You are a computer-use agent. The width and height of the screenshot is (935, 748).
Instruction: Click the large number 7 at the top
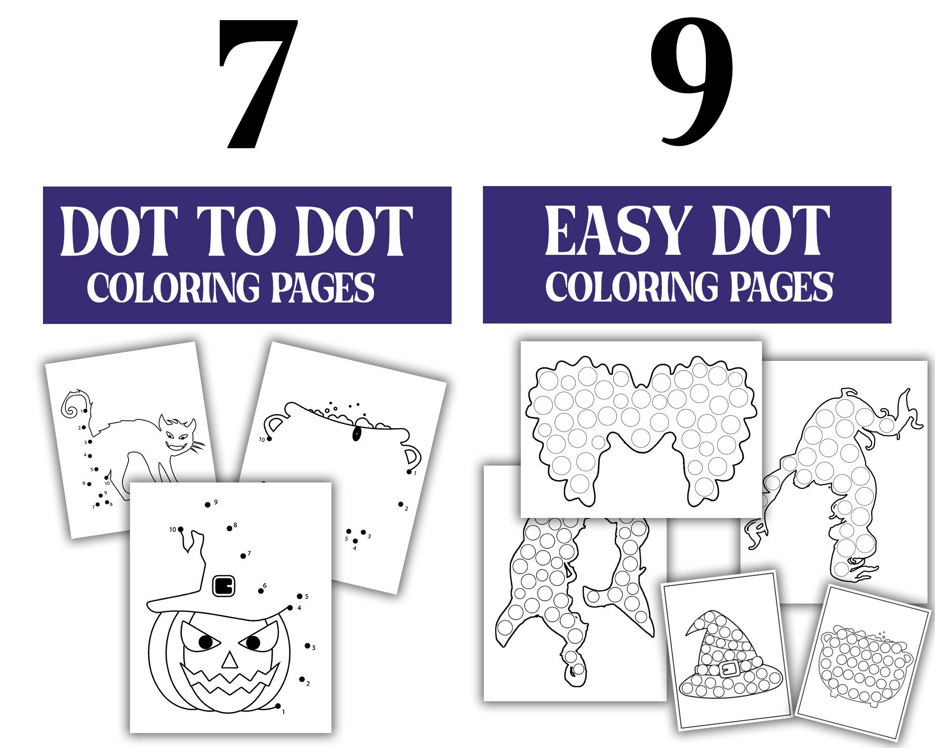[257, 84]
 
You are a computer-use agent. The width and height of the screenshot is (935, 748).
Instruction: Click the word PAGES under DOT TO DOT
[323, 287]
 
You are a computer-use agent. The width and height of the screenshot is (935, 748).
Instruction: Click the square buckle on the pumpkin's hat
[223, 586]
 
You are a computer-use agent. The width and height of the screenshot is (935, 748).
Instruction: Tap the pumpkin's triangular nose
[229, 661]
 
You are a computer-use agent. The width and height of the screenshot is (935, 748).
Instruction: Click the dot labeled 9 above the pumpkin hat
[208, 505]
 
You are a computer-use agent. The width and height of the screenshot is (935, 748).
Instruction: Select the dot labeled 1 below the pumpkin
[278, 706]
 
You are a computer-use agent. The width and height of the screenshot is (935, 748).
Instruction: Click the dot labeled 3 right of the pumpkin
[307, 646]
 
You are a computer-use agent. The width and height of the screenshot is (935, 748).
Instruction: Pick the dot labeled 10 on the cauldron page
[269, 438]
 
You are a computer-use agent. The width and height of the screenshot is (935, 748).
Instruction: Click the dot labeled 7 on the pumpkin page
[243, 556]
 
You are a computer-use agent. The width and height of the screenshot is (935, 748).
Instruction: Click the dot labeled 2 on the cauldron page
[401, 504]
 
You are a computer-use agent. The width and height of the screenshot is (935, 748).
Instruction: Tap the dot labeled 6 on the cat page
[89, 484]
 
